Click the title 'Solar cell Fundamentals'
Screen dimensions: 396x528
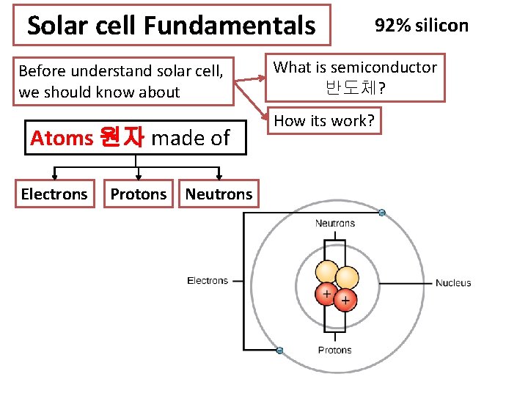[x=171, y=26]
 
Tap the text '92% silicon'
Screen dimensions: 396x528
[x=421, y=26]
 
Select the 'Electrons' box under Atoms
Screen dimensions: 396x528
[x=54, y=194]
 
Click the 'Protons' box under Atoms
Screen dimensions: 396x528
[x=139, y=194]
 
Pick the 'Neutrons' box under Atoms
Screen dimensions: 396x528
[x=219, y=194]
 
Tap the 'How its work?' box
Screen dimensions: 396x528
[x=324, y=121]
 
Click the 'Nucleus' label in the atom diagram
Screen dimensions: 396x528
[x=453, y=283]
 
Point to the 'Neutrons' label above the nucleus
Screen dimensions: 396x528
[x=334, y=223]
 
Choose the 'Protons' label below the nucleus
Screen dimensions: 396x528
[x=334, y=350]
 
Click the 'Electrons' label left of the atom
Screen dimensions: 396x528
[x=208, y=280]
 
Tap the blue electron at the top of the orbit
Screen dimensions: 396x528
[x=381, y=213]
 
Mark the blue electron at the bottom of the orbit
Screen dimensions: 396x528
[x=279, y=350]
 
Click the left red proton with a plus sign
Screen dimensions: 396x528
[x=326, y=294]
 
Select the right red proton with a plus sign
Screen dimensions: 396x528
[x=345, y=299]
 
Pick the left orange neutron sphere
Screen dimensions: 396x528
[x=326, y=272]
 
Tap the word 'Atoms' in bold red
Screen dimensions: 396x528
[x=62, y=138]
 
